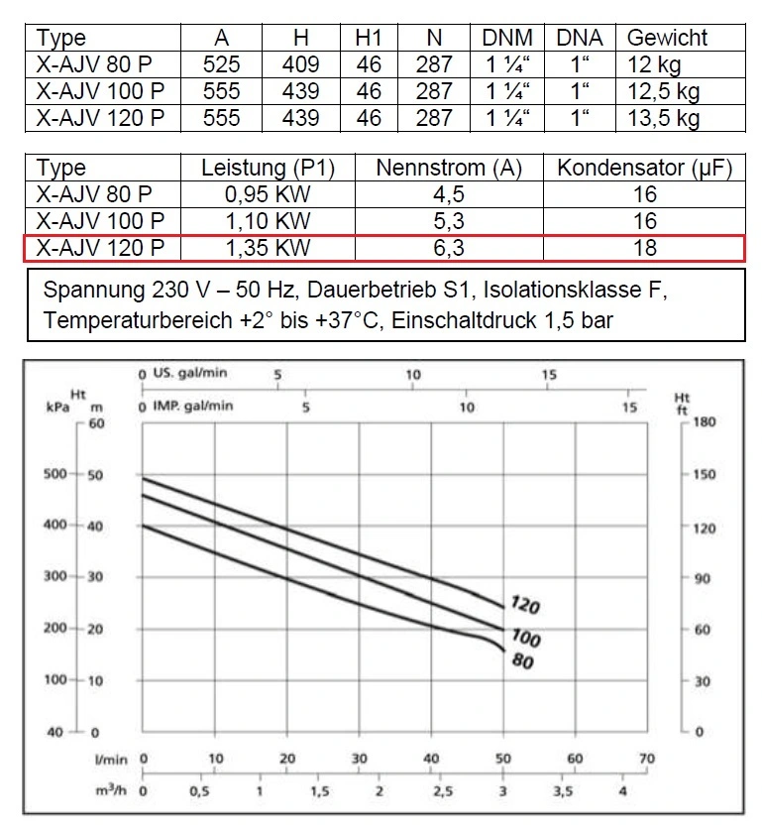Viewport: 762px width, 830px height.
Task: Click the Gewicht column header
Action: click(x=667, y=38)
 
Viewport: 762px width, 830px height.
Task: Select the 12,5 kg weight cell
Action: click(x=663, y=92)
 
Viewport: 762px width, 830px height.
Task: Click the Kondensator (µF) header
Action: click(x=644, y=168)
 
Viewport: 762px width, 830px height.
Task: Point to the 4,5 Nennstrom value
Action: click(x=449, y=194)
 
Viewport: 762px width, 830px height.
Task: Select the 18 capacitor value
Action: click(x=644, y=247)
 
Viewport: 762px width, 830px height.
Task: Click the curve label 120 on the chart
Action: click(x=525, y=604)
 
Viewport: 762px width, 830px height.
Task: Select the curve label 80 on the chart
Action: click(x=523, y=658)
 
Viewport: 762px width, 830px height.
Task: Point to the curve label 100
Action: click(x=525, y=636)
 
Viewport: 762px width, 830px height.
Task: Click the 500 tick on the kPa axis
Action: click(x=55, y=474)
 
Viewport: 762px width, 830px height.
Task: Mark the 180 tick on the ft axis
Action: click(x=704, y=422)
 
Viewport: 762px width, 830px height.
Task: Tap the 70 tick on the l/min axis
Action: click(x=647, y=759)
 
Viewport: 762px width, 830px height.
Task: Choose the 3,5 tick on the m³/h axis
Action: click(x=562, y=792)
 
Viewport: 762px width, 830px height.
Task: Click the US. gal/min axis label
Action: click(x=192, y=375)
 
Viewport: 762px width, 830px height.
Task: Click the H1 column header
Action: click(x=369, y=38)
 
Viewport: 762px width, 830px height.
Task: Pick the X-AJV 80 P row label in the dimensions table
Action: click(x=95, y=65)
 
